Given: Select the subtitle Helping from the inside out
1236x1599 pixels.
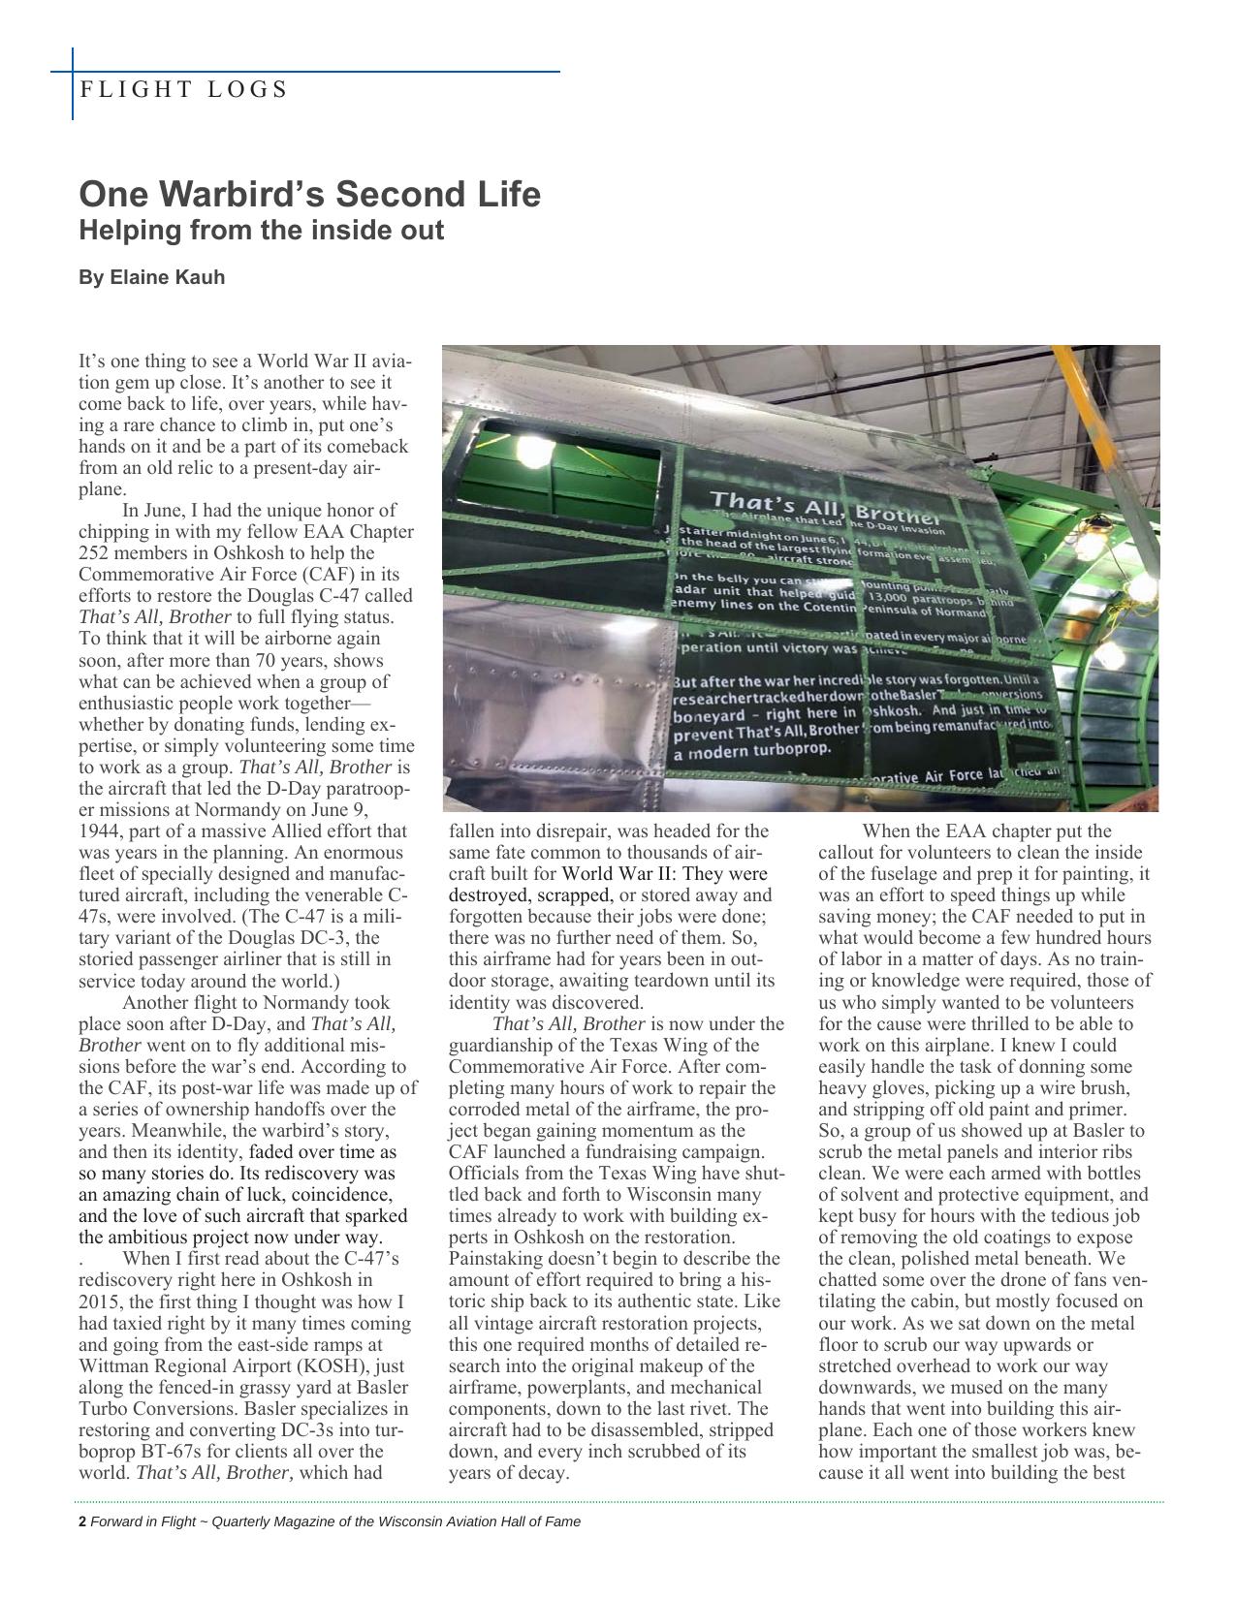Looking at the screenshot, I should (261, 231).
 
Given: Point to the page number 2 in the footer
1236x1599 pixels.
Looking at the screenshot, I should (82, 1521).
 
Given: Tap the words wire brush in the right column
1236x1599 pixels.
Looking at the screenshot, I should (1059, 1087).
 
